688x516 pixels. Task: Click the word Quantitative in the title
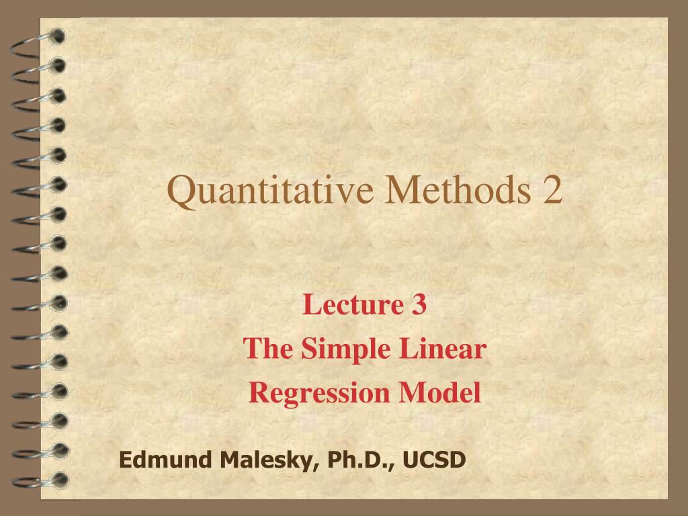[x=270, y=191]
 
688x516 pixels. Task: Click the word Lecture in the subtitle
[x=343, y=305]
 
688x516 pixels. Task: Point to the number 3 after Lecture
[x=417, y=305]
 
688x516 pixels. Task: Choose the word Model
[x=439, y=392]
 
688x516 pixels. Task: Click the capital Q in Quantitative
[x=180, y=191]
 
